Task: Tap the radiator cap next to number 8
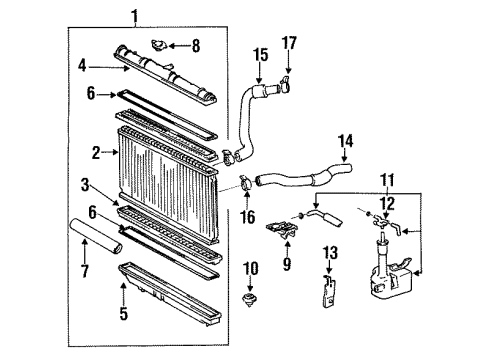click(x=159, y=44)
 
